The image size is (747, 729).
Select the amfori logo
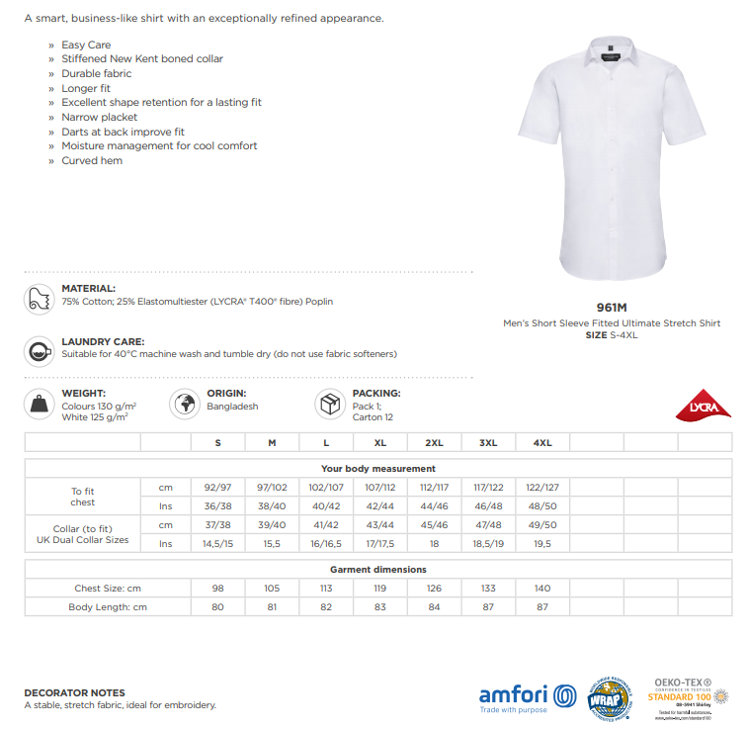pyautogui.click(x=528, y=695)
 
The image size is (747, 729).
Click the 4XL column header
pyautogui.click(x=542, y=442)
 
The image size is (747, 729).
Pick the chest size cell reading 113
pyautogui.click(x=326, y=588)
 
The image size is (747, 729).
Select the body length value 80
pyautogui.click(x=218, y=606)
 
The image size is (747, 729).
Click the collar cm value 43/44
pyautogui.click(x=379, y=524)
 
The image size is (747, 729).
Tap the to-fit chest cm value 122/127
pyautogui.click(x=542, y=487)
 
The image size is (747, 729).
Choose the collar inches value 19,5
pyautogui.click(x=542, y=543)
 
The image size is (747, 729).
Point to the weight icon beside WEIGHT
pyautogui.click(x=41, y=404)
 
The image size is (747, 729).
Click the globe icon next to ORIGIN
pyautogui.click(x=185, y=404)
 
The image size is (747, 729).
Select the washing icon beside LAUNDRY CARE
pyautogui.click(x=41, y=350)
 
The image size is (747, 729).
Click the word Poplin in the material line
pyautogui.click(x=319, y=301)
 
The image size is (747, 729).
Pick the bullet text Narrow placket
pyautogui.click(x=100, y=117)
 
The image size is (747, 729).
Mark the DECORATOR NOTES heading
pyautogui.click(x=75, y=692)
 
